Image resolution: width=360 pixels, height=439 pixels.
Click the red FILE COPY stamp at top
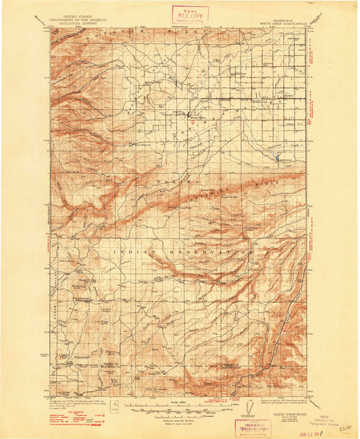point(190,14)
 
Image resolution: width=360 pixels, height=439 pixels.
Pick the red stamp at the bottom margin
point(252,427)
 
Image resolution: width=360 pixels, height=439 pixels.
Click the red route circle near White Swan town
point(192,122)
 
